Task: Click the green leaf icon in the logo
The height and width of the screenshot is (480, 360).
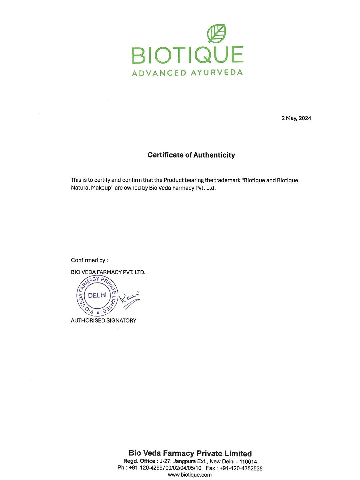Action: point(217,33)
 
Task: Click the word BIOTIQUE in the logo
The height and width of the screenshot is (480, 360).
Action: point(188,55)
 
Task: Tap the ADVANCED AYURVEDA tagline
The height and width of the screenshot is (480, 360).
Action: point(187,73)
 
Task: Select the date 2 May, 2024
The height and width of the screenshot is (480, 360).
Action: point(296,118)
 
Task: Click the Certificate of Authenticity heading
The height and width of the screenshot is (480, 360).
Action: point(191,155)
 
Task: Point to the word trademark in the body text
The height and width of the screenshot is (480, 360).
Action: point(227,180)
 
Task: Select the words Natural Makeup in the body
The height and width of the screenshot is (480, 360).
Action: point(92,188)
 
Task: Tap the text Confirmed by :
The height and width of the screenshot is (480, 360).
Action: point(89,260)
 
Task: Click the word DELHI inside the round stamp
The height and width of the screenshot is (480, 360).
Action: point(97,295)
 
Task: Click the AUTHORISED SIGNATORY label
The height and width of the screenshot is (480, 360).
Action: point(103,321)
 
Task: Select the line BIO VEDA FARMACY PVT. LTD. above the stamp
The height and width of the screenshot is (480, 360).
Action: point(108,272)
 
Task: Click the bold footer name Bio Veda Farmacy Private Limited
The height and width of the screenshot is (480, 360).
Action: point(190,453)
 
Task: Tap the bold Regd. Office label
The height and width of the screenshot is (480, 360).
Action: point(139,461)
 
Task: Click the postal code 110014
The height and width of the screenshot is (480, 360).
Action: point(248,462)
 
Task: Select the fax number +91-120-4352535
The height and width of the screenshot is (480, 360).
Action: point(241,468)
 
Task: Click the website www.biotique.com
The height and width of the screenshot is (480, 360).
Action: point(190,475)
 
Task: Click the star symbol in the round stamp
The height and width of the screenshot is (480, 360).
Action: point(98,313)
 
